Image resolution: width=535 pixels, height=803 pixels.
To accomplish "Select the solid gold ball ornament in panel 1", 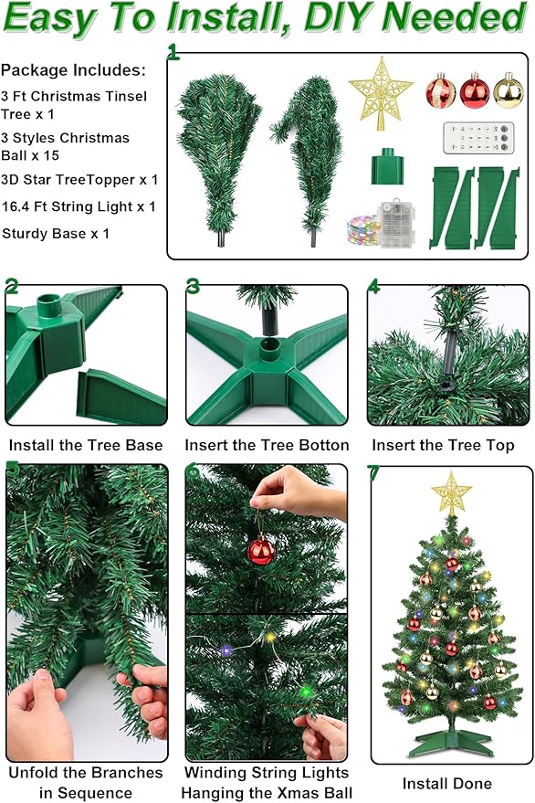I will coord(508,90).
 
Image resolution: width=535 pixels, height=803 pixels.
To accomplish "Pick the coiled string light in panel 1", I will coord(362,230).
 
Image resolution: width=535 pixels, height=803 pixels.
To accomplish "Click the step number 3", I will coord(194,286).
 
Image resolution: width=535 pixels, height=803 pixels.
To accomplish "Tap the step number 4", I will coord(374,286).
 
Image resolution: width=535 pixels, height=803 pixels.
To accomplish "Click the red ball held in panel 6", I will coord(261,550).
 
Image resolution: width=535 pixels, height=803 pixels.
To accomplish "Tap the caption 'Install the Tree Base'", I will coord(86,446).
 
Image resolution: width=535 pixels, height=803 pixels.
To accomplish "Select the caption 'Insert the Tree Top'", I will coord(442,446).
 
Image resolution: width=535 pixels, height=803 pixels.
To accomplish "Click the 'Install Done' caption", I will coord(447,783).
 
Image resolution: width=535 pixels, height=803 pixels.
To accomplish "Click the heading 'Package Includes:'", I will coord(73,69).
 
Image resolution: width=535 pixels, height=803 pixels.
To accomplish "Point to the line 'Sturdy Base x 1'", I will coord(56,233).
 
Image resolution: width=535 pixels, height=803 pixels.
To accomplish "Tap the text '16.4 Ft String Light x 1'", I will coord(79,206).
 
